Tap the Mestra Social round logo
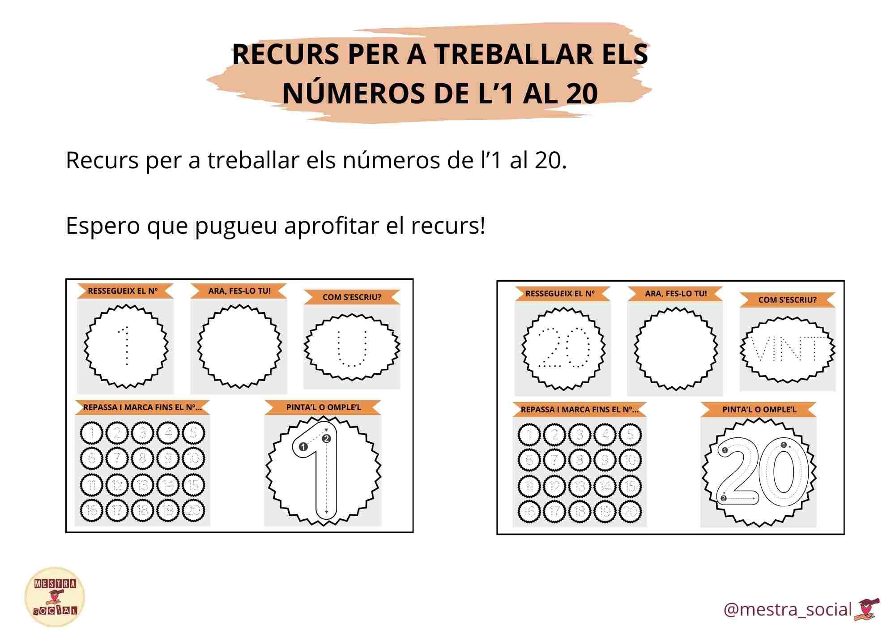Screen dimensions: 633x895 click(x=55, y=597)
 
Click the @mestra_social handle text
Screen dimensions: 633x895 click(x=788, y=610)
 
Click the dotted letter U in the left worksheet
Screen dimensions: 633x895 click(x=352, y=348)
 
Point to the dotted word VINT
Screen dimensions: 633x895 click(x=787, y=349)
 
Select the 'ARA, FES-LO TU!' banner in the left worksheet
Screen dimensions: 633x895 click(x=239, y=291)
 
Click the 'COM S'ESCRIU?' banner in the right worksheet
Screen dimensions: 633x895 click(x=787, y=300)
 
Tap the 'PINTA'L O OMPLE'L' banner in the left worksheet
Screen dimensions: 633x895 click(x=323, y=407)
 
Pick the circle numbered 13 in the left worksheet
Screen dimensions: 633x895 click(x=142, y=485)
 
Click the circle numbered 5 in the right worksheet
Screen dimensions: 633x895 click(x=630, y=435)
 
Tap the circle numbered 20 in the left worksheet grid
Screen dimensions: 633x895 click(x=193, y=510)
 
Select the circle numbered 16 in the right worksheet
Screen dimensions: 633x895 click(x=529, y=512)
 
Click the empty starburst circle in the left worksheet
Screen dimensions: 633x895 click(x=239, y=346)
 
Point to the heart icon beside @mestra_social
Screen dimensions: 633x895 click(x=867, y=609)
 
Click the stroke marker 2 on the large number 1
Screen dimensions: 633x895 click(x=326, y=439)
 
